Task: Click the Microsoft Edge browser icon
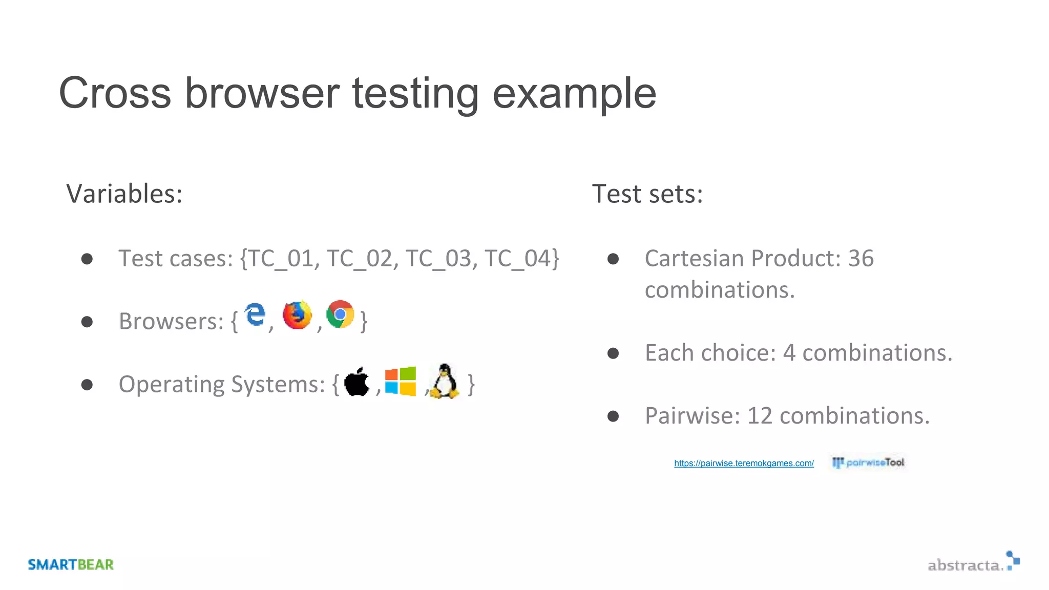(x=255, y=314)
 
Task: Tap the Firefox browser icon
(x=297, y=315)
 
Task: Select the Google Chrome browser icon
(x=340, y=314)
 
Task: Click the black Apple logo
(x=357, y=382)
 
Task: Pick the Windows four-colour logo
(x=401, y=381)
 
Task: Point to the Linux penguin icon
(x=445, y=381)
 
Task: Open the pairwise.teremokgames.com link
(x=744, y=463)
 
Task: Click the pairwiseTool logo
(x=868, y=462)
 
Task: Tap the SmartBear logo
(x=71, y=564)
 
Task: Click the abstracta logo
(x=973, y=562)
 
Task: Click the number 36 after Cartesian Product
(x=861, y=258)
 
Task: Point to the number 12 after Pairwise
(x=760, y=415)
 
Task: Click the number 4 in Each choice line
(x=789, y=353)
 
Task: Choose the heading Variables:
(x=124, y=194)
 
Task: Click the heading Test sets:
(x=647, y=194)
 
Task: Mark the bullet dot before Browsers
(x=87, y=322)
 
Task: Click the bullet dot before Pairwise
(x=613, y=416)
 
